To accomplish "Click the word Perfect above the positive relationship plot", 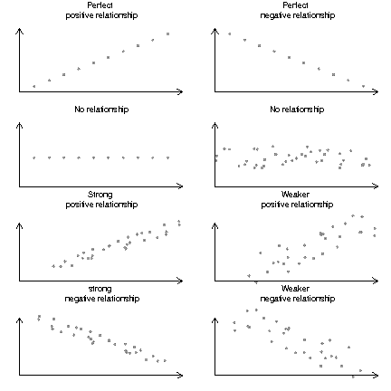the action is [x=100, y=5].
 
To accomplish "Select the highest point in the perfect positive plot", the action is [x=168, y=34].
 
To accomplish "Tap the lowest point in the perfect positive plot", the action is [x=33, y=86].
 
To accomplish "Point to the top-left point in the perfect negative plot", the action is [x=230, y=34].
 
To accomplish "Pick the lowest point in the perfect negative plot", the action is [x=363, y=86].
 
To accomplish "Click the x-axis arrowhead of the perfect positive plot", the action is [x=180, y=91].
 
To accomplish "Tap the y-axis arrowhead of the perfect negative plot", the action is [x=215, y=31].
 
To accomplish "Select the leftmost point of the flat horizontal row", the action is [x=33, y=157].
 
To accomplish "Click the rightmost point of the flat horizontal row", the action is [x=168, y=157].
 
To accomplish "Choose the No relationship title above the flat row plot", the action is [x=101, y=110].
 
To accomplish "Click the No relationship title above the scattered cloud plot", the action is [x=297, y=110].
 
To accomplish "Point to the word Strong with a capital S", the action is [x=100, y=195].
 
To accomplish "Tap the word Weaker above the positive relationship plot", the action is [x=295, y=195].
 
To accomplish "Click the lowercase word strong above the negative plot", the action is [x=100, y=289].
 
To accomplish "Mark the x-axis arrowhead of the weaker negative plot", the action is [x=376, y=376].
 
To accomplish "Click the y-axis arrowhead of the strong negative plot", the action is [x=19, y=320].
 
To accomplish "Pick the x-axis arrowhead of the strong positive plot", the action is [x=180, y=281].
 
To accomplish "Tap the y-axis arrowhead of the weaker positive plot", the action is [x=215, y=226].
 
